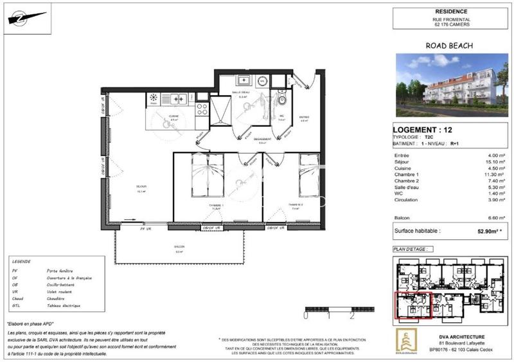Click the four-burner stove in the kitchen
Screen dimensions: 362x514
201,109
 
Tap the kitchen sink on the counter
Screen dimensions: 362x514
176,99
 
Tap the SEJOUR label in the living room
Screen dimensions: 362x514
141,188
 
